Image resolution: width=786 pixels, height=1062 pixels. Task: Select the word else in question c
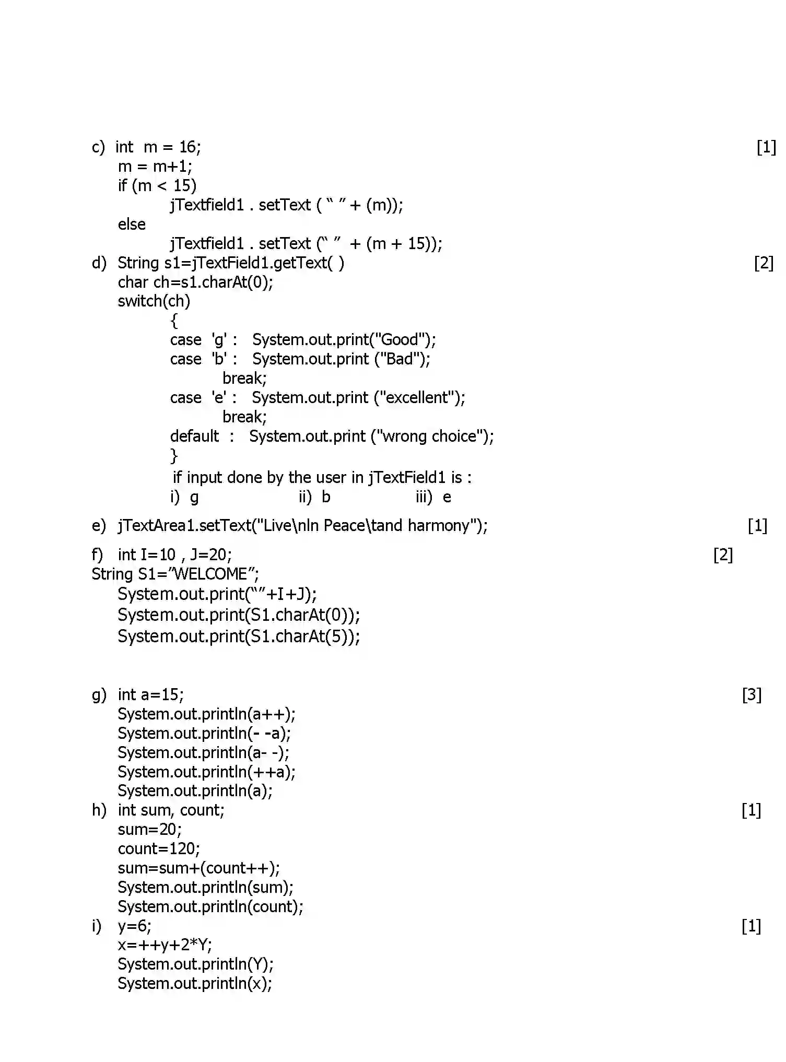(132, 225)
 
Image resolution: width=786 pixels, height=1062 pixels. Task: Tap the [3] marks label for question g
(752, 695)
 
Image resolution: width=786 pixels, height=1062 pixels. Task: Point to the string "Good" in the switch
(400, 340)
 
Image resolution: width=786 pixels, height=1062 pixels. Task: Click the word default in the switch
(194, 436)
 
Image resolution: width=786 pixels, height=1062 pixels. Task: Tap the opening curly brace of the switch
(174, 321)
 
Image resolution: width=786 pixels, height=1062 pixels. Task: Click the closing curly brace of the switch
(174, 456)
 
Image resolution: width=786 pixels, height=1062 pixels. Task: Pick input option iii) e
(433, 497)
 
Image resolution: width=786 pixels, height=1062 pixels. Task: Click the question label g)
(99, 695)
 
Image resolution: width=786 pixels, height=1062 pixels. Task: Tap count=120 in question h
(158, 849)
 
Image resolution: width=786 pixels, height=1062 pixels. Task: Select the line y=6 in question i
(134, 927)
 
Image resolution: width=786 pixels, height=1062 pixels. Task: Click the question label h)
(99, 810)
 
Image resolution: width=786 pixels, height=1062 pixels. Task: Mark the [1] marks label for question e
(757, 526)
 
